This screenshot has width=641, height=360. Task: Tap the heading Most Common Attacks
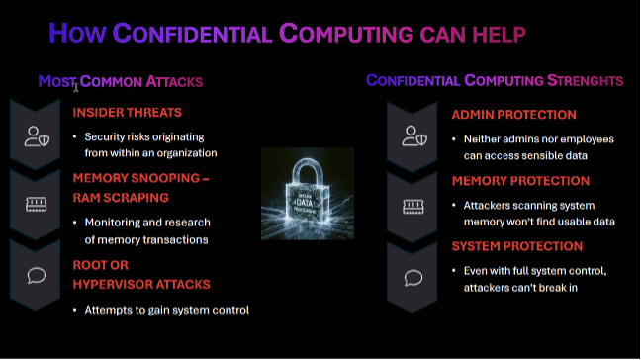tap(121, 81)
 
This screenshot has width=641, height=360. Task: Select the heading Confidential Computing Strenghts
tap(495, 80)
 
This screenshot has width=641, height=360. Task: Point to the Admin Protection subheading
tap(513, 115)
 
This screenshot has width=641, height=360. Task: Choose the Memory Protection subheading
tap(520, 181)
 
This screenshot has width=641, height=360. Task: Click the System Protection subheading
tap(517, 246)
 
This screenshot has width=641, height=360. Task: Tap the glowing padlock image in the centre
tap(307, 195)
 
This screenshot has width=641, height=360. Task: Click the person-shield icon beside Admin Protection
tap(413, 136)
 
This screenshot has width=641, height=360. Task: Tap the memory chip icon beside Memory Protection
tap(413, 205)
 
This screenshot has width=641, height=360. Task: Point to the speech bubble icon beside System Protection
tap(413, 274)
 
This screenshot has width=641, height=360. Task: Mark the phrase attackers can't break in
tap(520, 288)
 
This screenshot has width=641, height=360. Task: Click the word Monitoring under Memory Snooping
tap(113, 222)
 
